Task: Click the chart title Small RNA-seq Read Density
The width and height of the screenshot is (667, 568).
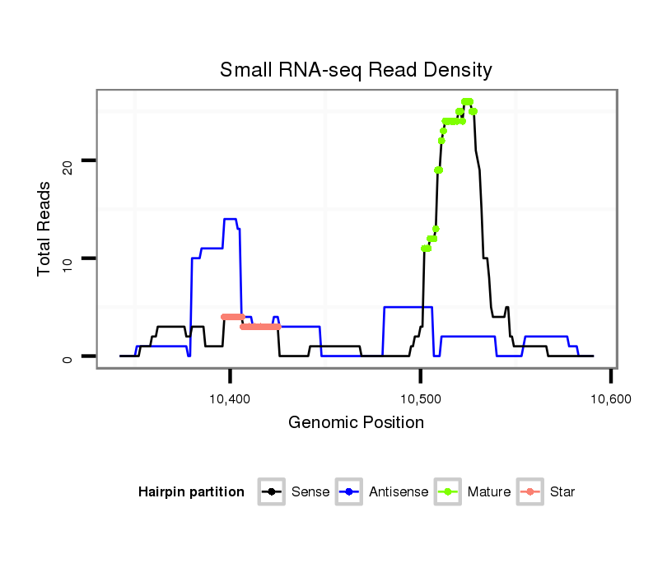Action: (x=356, y=70)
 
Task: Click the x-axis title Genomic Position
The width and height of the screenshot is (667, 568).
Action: (x=356, y=423)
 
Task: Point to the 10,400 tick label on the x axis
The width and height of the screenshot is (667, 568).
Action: (x=230, y=398)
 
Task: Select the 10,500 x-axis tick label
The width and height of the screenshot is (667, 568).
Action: (x=420, y=398)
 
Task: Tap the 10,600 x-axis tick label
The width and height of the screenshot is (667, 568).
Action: (x=610, y=398)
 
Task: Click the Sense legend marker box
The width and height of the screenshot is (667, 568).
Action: (x=272, y=492)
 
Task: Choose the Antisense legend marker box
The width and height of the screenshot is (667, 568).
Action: (x=349, y=492)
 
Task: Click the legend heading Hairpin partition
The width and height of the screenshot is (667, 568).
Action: (x=191, y=492)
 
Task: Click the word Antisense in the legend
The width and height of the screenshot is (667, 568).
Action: (x=399, y=492)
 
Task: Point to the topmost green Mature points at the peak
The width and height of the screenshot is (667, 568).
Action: (x=467, y=102)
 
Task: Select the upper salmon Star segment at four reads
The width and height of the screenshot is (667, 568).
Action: (x=233, y=317)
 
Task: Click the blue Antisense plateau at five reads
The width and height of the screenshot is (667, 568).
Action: (x=408, y=307)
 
